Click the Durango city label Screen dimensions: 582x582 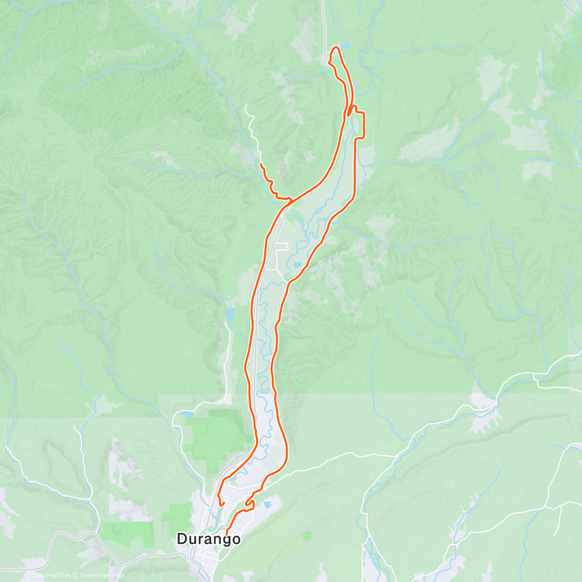pyautogui.click(x=208, y=539)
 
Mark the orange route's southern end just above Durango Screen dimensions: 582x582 pyautogui.click(x=226, y=534)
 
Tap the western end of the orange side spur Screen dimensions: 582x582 pyautogui.click(x=261, y=165)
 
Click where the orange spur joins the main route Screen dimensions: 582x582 pyautogui.click(x=290, y=200)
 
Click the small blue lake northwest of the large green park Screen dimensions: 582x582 pyautogui.click(x=185, y=414)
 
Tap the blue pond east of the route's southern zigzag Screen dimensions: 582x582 pyautogui.click(x=268, y=505)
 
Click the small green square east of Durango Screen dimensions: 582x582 pyautogui.click(x=307, y=535)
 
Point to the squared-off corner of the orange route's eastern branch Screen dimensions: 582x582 pyautogui.click(x=363, y=113)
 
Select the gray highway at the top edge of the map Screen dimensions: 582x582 pyautogui.click(x=323, y=15)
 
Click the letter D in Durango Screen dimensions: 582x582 pyautogui.click(x=182, y=539)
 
